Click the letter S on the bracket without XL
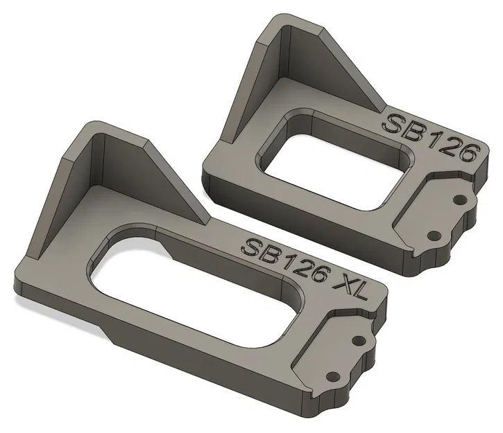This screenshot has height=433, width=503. (x=395, y=125)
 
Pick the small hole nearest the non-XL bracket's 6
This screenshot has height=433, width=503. (x=459, y=200)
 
